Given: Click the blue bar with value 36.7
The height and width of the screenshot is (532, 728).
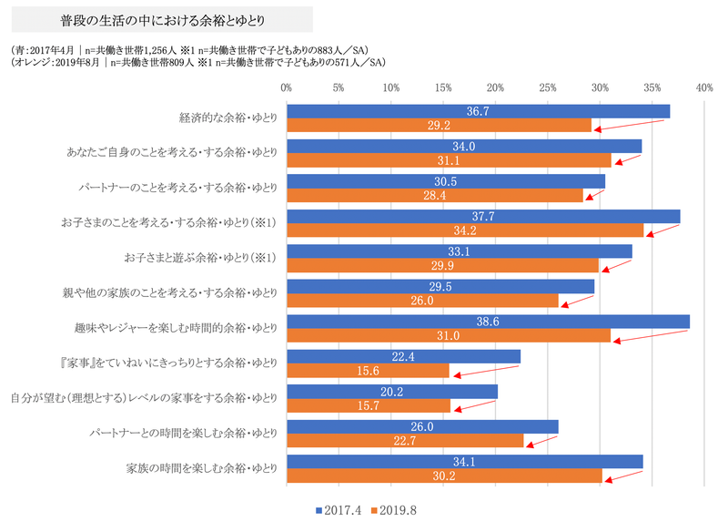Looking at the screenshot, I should (x=478, y=111).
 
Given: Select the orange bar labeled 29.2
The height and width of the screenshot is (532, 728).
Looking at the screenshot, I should (x=439, y=125).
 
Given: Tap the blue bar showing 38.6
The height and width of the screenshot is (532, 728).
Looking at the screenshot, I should (x=488, y=322).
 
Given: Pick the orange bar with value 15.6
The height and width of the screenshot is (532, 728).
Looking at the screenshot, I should (x=368, y=370).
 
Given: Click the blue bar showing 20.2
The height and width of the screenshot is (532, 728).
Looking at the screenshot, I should (x=392, y=392).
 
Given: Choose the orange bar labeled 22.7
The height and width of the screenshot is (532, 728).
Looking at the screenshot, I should (x=405, y=440).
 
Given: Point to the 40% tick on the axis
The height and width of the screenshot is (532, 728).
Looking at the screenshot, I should (x=704, y=88).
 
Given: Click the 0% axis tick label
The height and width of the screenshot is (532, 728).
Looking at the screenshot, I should (x=287, y=88).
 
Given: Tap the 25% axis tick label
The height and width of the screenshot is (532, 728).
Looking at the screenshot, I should (x=548, y=88).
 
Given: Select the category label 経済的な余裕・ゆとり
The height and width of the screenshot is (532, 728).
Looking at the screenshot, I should (x=228, y=118).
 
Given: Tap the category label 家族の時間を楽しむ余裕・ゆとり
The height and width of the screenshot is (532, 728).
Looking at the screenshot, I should (x=201, y=469).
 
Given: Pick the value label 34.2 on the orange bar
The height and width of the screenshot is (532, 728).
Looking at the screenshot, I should (x=465, y=230).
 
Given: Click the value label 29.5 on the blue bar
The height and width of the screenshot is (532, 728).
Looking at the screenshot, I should (x=440, y=286).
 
